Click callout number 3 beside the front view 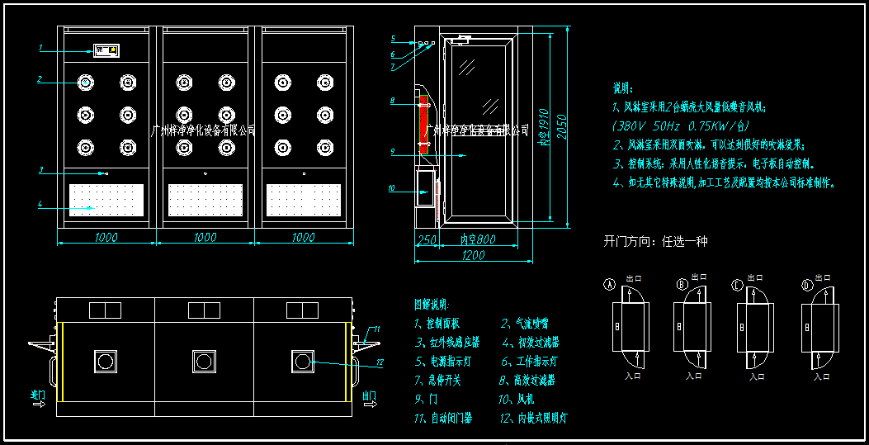click(x=40, y=170)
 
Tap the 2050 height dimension click(x=561, y=124)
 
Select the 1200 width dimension click(x=473, y=255)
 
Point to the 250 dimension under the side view click(x=426, y=239)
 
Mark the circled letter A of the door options click(x=611, y=285)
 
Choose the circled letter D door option click(x=806, y=285)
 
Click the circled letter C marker click(x=737, y=285)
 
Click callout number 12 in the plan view click(x=380, y=362)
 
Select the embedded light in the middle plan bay click(x=203, y=360)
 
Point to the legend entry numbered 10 click(x=518, y=400)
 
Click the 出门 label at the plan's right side click(x=370, y=396)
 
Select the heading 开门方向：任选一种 click(x=655, y=242)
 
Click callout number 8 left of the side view click(x=393, y=101)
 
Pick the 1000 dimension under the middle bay click(x=205, y=238)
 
